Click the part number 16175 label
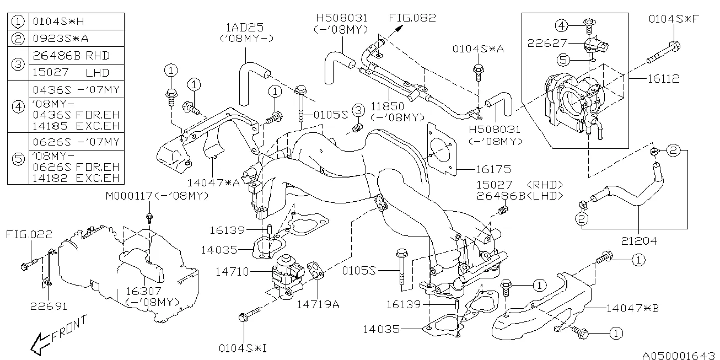tap(493, 169)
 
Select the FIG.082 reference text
tap(412, 18)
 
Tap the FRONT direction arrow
tap(42, 344)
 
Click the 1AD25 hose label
tap(245, 28)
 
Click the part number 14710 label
tap(232, 272)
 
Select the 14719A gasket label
tap(318, 304)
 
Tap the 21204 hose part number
tap(639, 241)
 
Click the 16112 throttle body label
tap(663, 79)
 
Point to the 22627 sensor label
tap(547, 43)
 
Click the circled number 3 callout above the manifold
tap(358, 110)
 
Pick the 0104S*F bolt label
tap(674, 19)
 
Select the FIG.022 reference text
tap(29, 234)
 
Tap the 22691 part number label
tap(49, 307)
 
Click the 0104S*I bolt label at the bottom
tap(243, 348)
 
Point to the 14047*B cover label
tap(632, 308)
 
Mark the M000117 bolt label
tap(129, 195)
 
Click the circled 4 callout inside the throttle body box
tap(562, 25)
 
